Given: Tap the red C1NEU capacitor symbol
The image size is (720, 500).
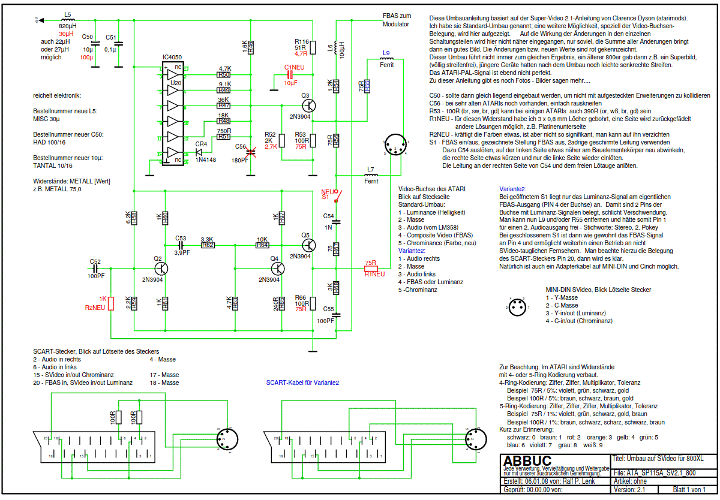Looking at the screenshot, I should [x=290, y=76].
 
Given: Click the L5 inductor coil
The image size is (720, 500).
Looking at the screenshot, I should [x=67, y=21].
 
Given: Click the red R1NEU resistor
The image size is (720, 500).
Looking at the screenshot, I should [x=371, y=269].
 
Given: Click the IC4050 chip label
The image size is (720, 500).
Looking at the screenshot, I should [x=173, y=58].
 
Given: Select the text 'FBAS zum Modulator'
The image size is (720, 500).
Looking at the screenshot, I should [x=397, y=20].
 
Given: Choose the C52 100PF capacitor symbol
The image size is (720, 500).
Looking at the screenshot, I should [x=95, y=268].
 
